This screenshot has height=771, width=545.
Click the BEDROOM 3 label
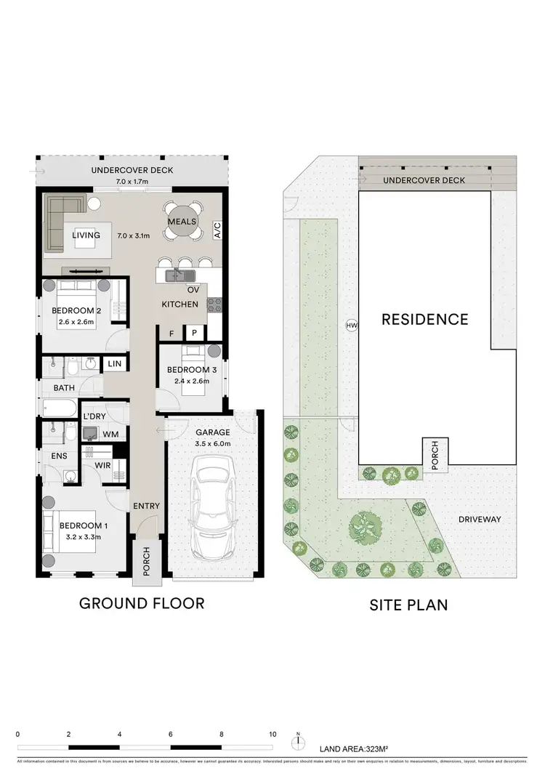click(x=188, y=369)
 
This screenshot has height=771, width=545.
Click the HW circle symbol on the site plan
click(x=352, y=326)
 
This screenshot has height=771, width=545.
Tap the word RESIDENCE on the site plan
click(x=425, y=319)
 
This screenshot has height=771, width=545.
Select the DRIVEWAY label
click(x=481, y=520)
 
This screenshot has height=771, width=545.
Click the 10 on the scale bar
click(x=272, y=734)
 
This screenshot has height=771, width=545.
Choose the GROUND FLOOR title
click(x=142, y=603)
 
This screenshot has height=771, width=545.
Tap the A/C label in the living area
click(x=217, y=230)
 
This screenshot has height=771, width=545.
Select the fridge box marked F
click(x=171, y=333)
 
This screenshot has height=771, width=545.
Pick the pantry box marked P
click(x=194, y=333)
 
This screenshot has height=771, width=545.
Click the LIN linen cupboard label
click(x=115, y=363)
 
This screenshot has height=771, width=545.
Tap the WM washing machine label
click(x=112, y=434)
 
